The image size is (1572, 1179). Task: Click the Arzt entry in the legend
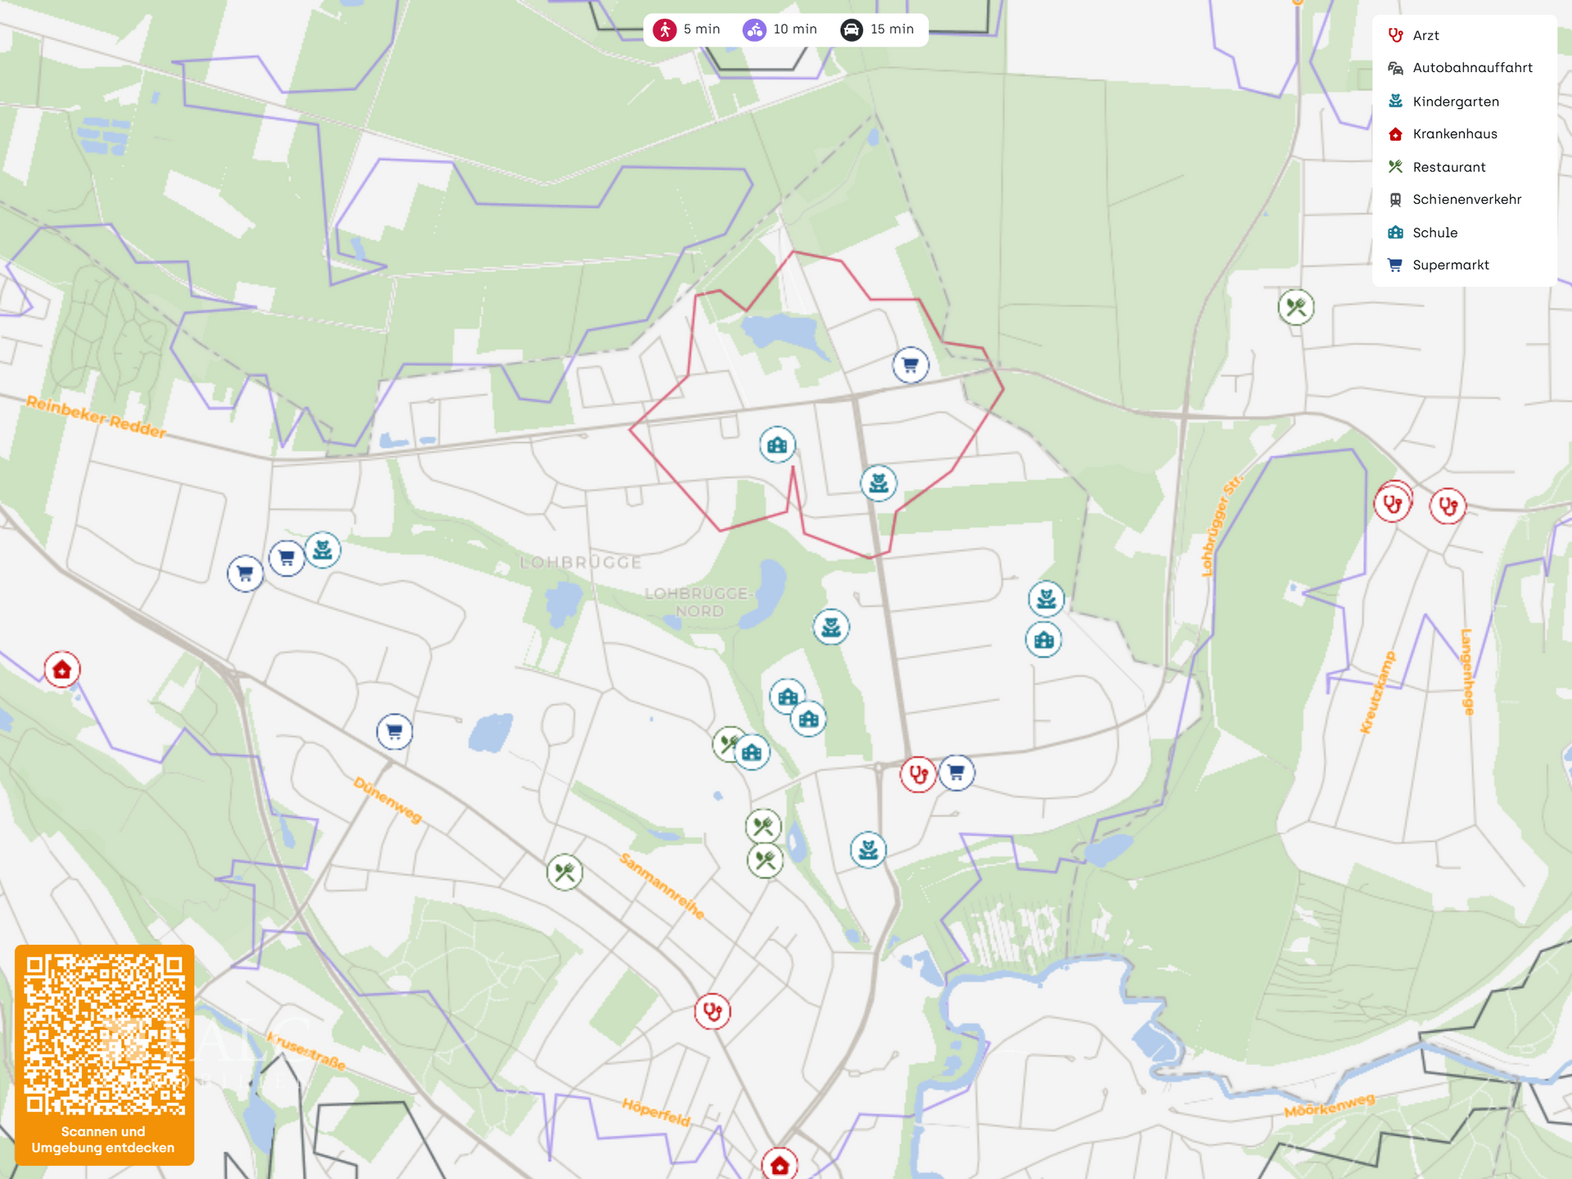click(1425, 35)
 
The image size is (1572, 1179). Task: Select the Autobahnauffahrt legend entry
click(1471, 68)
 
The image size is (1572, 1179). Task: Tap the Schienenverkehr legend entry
click(1466, 200)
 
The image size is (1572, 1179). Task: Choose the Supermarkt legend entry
click(1450, 265)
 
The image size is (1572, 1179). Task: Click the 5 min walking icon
click(665, 30)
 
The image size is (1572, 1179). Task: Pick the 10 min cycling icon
click(754, 30)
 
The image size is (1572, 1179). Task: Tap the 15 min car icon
click(851, 30)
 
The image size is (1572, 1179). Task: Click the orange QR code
click(105, 1033)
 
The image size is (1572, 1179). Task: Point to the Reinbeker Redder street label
click(96, 416)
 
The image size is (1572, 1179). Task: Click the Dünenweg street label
click(388, 800)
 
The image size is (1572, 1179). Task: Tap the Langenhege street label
click(1467, 672)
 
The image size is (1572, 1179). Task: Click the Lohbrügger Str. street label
click(1221, 525)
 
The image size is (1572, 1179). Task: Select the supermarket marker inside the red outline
click(910, 365)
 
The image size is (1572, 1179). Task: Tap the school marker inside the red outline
click(777, 445)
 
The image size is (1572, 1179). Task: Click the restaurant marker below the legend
click(1296, 308)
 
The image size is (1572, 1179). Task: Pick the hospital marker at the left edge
click(62, 670)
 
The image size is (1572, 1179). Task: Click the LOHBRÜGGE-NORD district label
click(698, 602)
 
